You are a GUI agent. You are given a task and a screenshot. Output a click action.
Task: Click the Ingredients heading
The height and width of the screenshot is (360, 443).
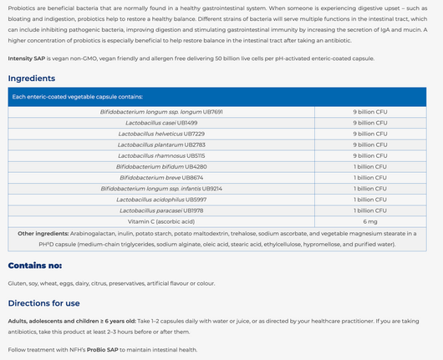(32, 79)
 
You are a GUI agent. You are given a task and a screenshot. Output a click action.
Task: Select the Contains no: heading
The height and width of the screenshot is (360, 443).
(35, 266)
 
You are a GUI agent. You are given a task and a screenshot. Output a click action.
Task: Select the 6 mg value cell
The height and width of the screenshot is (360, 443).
(370, 221)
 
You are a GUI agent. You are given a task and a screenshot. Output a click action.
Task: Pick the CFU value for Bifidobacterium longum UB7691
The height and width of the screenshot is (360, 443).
(370, 112)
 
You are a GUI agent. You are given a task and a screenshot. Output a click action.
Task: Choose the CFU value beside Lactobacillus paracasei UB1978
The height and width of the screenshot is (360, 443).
(370, 210)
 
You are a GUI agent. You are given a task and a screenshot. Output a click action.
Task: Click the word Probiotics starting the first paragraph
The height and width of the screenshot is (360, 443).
(23, 7)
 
